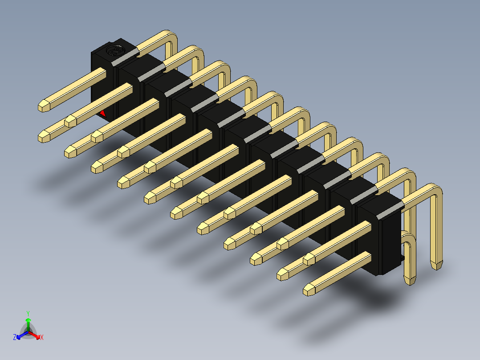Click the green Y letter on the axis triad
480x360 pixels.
click(28, 313)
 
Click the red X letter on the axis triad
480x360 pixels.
click(42, 337)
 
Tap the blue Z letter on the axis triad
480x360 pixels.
click(15, 337)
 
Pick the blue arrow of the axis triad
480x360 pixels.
click(22, 335)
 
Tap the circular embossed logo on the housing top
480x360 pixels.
click(113, 50)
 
